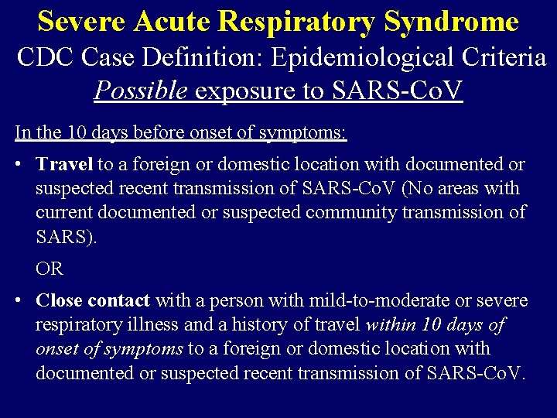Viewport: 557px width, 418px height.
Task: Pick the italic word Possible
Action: [141, 91]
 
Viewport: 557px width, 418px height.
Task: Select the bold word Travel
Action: [64, 164]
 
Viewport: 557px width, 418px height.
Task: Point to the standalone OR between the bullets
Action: [50, 269]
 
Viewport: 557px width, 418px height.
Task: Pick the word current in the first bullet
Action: [64, 211]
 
